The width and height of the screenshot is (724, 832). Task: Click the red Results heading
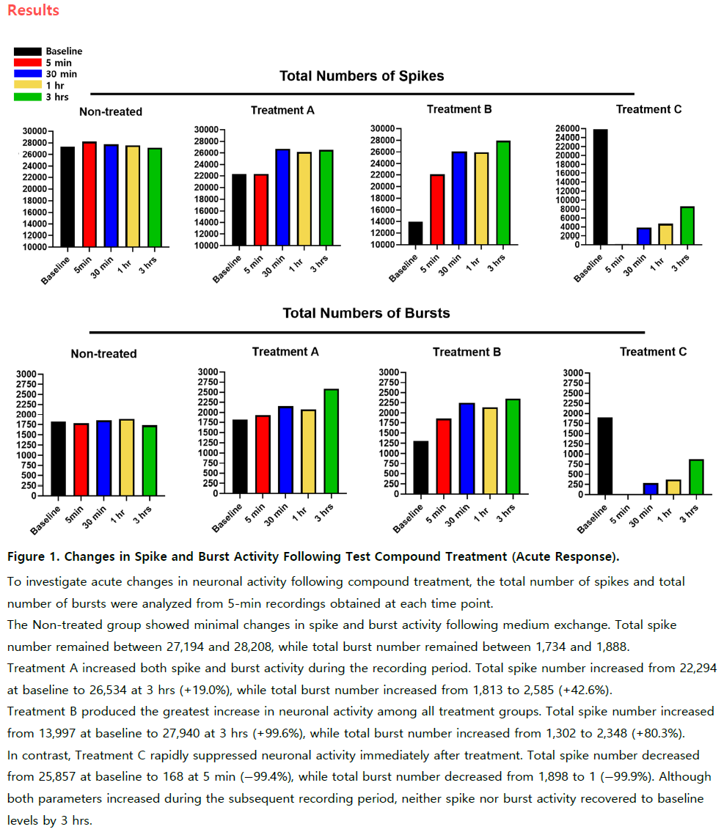(33, 10)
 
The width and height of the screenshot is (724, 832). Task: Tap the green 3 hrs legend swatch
(28, 97)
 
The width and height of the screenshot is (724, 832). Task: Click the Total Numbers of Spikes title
(362, 76)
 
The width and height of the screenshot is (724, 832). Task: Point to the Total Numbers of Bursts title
(366, 313)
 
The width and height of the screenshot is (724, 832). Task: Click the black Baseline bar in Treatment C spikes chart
(600, 187)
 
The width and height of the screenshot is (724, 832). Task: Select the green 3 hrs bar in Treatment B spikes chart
(503, 193)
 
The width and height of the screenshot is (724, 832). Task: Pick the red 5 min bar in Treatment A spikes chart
(260, 210)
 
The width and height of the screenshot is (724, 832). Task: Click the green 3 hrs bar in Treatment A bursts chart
(332, 441)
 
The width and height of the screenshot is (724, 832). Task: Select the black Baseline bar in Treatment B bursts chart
(421, 468)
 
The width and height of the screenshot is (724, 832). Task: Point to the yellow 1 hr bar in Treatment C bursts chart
(673, 487)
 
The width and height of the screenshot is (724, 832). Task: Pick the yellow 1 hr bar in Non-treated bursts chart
(126, 457)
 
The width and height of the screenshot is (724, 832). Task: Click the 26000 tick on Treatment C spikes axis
(568, 128)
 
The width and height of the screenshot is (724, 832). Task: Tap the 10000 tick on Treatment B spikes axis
(383, 245)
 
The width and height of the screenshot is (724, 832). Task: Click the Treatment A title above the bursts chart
(285, 352)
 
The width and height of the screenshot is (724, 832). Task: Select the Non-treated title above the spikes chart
(111, 112)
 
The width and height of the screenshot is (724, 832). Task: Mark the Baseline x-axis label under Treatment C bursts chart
(592, 519)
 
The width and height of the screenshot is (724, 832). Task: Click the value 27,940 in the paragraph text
(181, 733)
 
